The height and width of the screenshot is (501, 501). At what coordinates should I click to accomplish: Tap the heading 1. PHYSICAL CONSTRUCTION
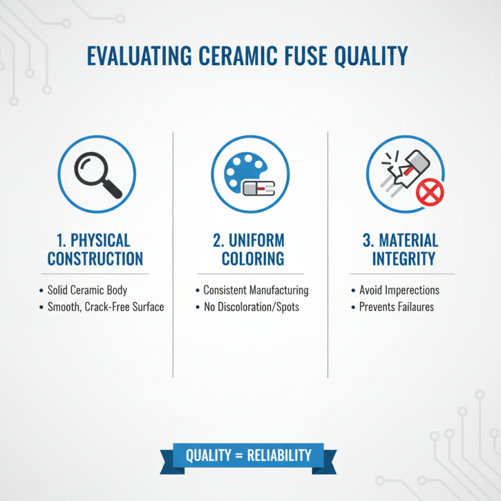[x=96, y=249]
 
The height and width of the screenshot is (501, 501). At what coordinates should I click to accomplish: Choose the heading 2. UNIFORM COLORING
[x=250, y=249]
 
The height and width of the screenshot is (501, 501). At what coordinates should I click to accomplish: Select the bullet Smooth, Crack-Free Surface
[x=105, y=307]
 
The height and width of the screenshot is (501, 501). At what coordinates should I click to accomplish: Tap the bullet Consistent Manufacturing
[x=256, y=291]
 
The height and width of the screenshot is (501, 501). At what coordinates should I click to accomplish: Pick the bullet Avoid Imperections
[x=399, y=291]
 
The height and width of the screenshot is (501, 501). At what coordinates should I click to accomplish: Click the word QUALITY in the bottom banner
[x=209, y=455]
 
